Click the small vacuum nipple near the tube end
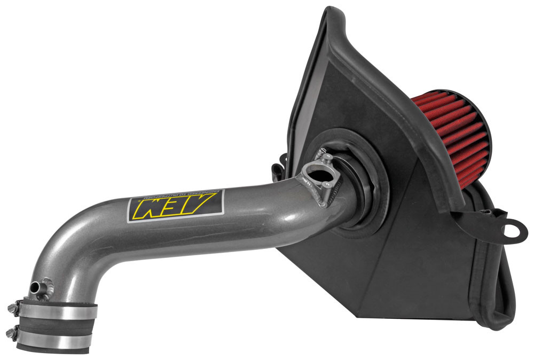coord(37,287)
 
